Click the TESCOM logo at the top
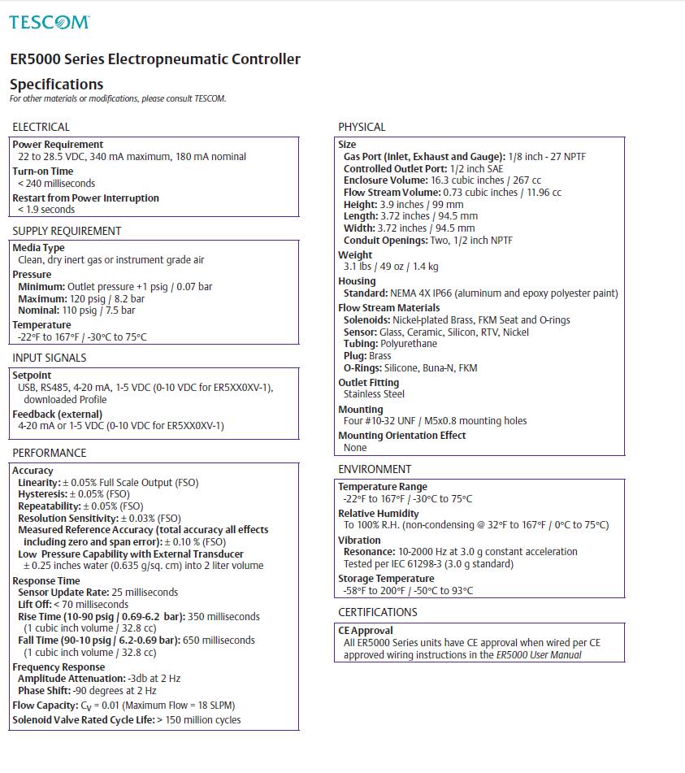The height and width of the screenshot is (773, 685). (49, 22)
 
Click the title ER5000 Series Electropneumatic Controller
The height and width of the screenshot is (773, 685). (155, 59)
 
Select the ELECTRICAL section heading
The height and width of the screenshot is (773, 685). (41, 127)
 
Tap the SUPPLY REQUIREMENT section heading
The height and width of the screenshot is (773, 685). (67, 231)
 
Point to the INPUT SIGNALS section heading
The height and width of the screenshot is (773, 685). (50, 358)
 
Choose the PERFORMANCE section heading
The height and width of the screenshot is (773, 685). (50, 453)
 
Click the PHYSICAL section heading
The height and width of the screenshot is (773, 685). (362, 127)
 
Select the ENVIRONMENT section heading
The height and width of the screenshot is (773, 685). (375, 469)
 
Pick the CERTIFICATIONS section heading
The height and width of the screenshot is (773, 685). (378, 612)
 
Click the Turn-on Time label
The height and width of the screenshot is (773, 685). (42, 172)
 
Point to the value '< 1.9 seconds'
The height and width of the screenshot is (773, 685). (46, 210)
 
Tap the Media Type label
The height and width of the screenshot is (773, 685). (38, 248)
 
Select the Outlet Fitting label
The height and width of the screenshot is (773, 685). (369, 383)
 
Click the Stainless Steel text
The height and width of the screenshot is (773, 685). (374, 394)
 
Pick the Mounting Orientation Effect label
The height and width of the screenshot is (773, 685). (402, 436)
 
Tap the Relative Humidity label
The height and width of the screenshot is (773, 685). (379, 514)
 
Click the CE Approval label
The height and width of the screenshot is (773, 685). (366, 631)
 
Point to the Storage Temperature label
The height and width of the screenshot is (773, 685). (386, 579)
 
